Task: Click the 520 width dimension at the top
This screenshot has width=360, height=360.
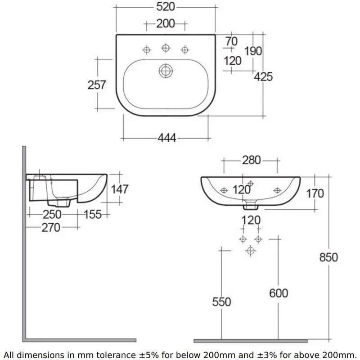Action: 166,7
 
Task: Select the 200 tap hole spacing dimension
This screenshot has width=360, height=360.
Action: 166,24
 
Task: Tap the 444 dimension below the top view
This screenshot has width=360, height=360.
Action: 167,138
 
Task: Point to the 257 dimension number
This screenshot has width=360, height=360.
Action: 97,85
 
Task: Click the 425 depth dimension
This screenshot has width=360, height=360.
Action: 263,76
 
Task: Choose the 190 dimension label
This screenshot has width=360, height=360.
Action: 253,51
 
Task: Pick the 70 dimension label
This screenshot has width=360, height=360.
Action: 231,41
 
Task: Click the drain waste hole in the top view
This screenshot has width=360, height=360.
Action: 166,71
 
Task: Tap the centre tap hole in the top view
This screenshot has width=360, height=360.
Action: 166,48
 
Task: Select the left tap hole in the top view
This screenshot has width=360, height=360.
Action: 147,50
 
